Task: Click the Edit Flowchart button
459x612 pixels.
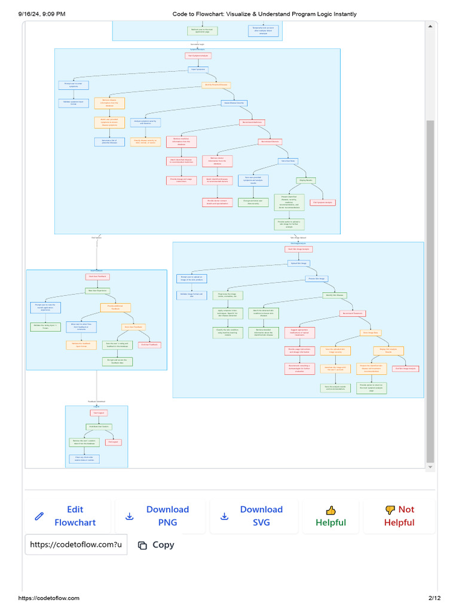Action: [x=68, y=516]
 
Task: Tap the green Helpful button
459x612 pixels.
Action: [x=331, y=516]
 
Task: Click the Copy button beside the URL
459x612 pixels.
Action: [x=157, y=544]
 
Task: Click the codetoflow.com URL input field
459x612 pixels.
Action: [x=76, y=544]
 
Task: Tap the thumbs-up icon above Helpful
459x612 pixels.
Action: [x=331, y=510]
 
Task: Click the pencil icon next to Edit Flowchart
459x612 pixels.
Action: [x=39, y=516]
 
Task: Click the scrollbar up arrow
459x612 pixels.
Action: [x=430, y=26]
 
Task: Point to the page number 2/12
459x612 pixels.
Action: [x=434, y=598]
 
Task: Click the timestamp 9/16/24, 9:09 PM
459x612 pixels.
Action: [x=42, y=14]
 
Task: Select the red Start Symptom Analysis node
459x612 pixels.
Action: [x=198, y=56]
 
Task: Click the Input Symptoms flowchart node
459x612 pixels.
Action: [x=198, y=69]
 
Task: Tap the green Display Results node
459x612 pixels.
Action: [x=306, y=180]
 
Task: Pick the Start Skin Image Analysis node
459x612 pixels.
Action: [x=298, y=249]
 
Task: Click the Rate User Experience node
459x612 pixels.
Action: [x=97, y=291]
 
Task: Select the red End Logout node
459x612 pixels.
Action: [x=113, y=442]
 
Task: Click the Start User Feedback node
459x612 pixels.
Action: [x=97, y=277]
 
